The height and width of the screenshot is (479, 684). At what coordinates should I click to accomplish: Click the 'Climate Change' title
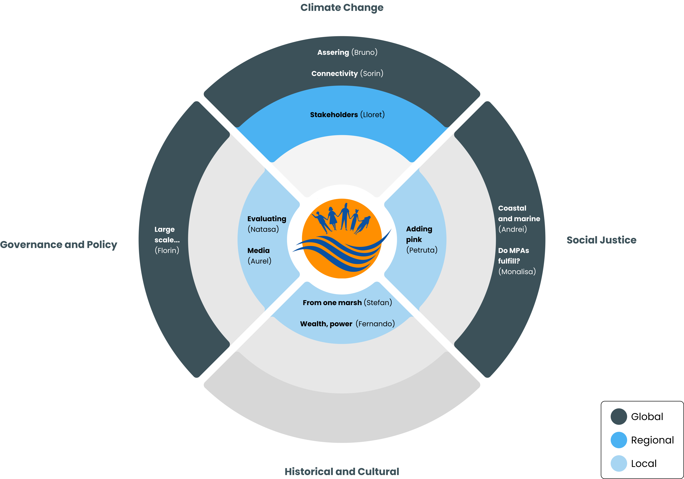click(342, 8)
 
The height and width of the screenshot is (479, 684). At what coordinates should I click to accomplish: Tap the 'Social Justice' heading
click(601, 240)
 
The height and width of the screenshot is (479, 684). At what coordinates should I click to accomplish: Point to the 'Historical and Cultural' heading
click(342, 471)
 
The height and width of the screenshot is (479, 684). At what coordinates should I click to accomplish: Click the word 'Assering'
click(333, 52)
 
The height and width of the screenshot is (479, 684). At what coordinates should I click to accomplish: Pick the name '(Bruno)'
click(364, 52)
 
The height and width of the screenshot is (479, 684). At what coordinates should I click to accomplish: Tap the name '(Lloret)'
click(372, 115)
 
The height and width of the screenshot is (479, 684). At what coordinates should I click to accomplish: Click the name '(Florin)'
click(167, 250)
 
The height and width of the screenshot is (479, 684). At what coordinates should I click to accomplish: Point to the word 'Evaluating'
click(267, 219)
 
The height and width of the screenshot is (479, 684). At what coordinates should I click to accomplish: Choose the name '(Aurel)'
click(259, 261)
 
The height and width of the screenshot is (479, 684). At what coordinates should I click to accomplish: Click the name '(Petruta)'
click(422, 250)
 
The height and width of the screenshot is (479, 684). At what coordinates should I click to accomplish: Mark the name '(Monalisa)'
click(517, 272)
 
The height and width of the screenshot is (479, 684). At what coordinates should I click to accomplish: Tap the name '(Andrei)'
click(512, 229)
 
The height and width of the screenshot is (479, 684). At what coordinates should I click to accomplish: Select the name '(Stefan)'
click(378, 303)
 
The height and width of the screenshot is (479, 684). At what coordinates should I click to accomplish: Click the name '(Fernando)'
click(375, 324)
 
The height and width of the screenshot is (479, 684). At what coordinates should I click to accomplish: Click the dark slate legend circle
click(619, 416)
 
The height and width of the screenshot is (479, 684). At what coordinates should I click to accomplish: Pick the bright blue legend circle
click(619, 440)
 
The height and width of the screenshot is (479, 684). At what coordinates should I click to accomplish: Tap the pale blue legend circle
click(619, 464)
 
